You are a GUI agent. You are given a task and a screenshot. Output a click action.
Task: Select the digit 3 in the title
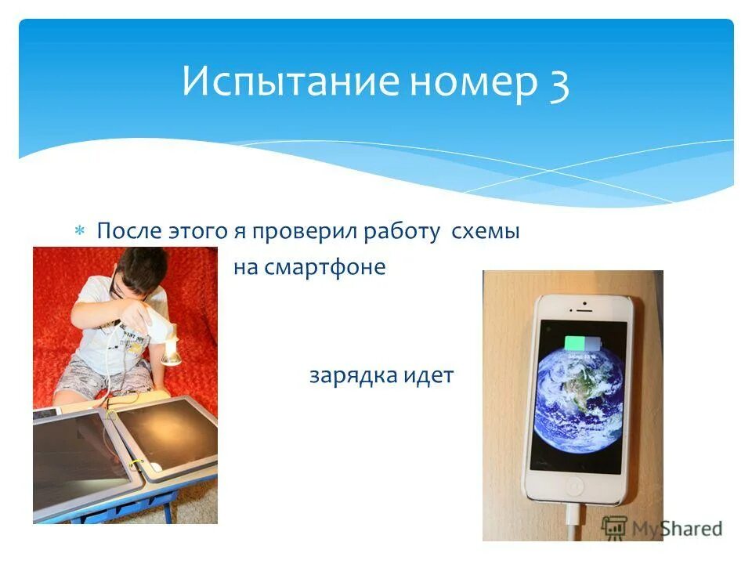559,82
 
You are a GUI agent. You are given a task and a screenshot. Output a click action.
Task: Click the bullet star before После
79,232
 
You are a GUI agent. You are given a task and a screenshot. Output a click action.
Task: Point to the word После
128,232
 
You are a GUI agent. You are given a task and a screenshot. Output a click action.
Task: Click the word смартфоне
324,267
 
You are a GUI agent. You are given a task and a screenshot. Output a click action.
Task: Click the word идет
428,375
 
